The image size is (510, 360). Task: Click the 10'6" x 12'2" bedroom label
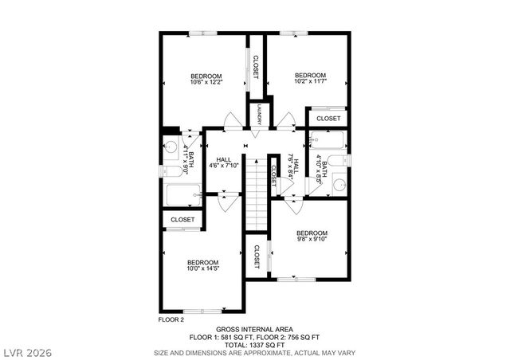click(206, 79)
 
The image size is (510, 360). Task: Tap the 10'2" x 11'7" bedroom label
click(308, 78)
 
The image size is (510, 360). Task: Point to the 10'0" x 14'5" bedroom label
click(202, 266)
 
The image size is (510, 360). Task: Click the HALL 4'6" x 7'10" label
click(223, 163)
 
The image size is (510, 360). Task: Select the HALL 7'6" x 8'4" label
click(294, 167)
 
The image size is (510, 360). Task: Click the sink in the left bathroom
click(171, 146)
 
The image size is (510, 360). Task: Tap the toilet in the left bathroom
click(172, 170)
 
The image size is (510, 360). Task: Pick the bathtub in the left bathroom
click(182, 195)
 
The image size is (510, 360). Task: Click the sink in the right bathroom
click(339, 186)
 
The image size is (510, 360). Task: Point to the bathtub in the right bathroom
click(328, 143)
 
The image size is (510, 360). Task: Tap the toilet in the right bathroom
click(339, 162)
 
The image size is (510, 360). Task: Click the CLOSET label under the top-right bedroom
click(328, 119)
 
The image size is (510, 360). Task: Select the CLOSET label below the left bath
click(182, 219)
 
